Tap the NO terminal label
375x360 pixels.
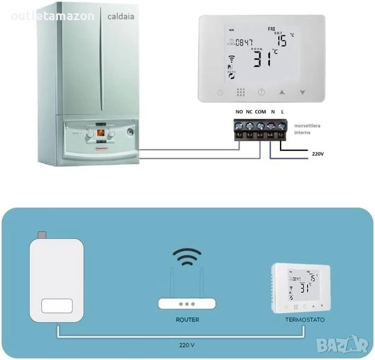click(x=239, y=112)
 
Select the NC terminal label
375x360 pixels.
click(x=249, y=112)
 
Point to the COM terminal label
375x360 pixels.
click(x=260, y=112)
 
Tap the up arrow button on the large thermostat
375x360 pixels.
click(x=282, y=92)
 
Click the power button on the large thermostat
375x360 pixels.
click(x=261, y=92)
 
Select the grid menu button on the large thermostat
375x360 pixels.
click(x=241, y=92)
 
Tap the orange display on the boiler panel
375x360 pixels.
click(x=99, y=132)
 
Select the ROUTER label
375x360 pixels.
click(x=187, y=320)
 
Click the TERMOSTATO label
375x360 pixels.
click(x=304, y=320)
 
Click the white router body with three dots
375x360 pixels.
click(x=187, y=304)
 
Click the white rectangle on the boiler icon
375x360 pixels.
click(x=56, y=306)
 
